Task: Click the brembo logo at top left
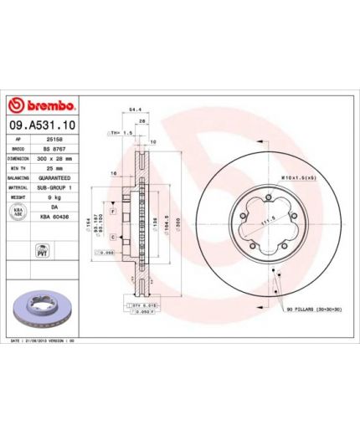click(x=42, y=106)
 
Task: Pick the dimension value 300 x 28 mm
click(x=57, y=157)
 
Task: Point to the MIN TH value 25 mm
click(x=54, y=168)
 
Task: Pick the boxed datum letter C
click(x=111, y=238)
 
